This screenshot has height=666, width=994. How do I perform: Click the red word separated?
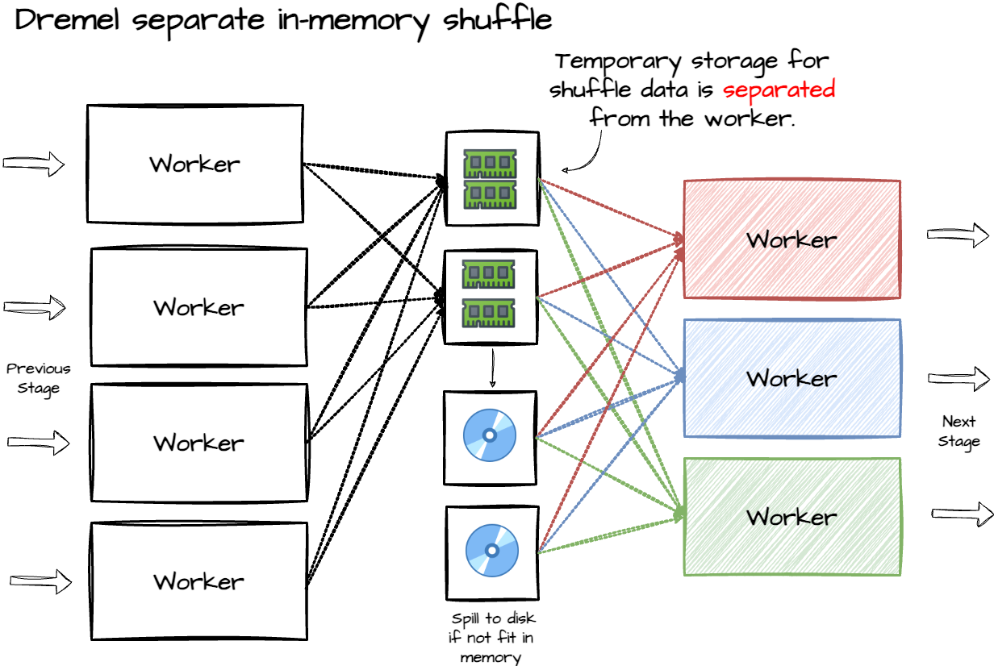tap(779, 89)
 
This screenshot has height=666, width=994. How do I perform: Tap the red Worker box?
tap(791, 239)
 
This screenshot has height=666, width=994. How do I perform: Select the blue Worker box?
tap(791, 378)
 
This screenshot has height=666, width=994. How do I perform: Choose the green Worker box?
tap(791, 517)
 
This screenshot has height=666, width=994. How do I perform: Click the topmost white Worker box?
tap(194, 164)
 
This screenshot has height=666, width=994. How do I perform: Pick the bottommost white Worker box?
tap(198, 581)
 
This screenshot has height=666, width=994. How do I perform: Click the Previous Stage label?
tap(39, 378)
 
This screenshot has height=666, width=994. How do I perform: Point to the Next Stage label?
tap(958, 431)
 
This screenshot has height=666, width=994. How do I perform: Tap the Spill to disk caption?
tap(492, 638)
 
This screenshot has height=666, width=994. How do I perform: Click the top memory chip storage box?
tap(491, 178)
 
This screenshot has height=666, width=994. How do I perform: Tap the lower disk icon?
tap(491, 552)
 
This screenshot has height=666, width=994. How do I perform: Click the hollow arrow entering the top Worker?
tap(34, 164)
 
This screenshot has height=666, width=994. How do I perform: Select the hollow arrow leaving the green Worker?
tap(961, 514)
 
